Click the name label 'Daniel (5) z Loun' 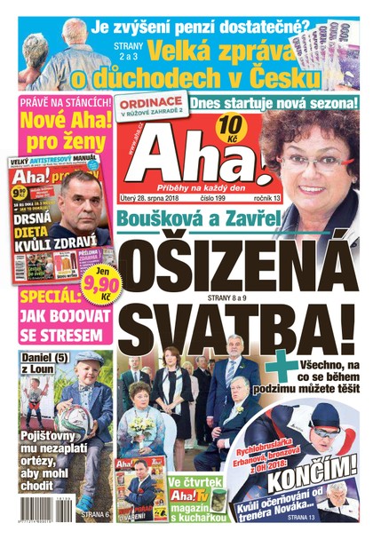coord(39,367)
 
